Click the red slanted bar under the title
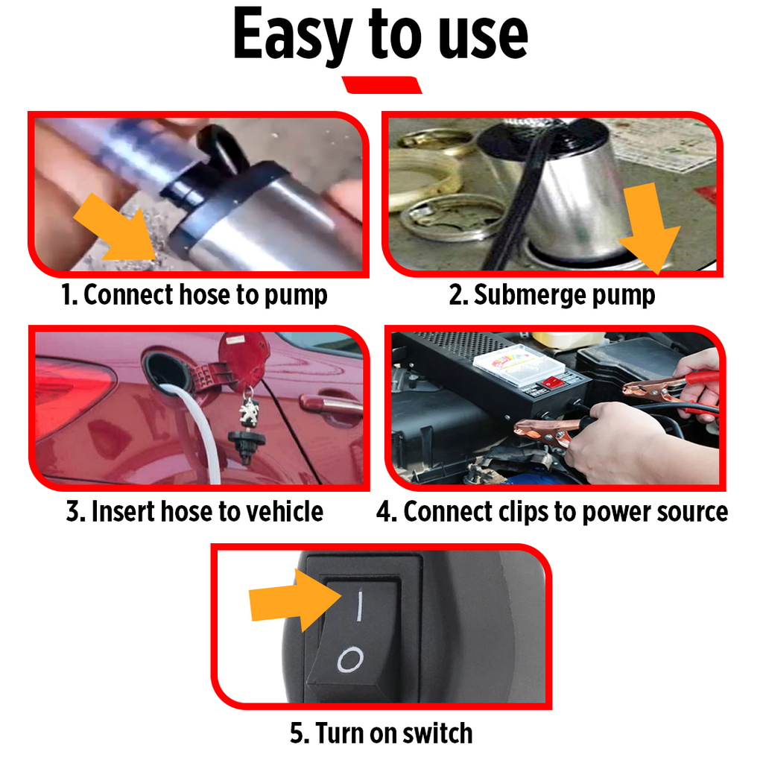[x=381, y=85]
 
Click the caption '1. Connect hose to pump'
[x=194, y=295]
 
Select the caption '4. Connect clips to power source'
[x=552, y=512]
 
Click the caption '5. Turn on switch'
[x=381, y=732]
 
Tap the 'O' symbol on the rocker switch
[x=349, y=659]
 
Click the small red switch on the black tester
[x=551, y=382]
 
